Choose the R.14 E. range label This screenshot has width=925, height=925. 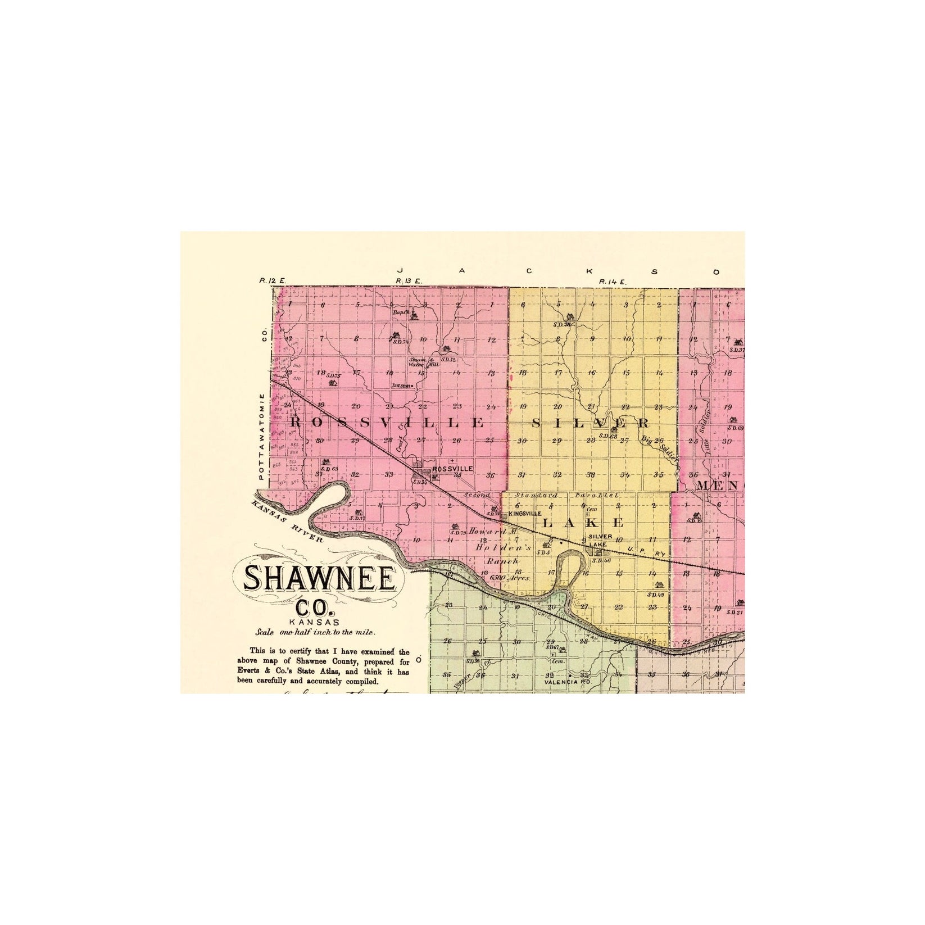click(x=612, y=281)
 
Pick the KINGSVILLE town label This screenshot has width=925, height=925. click(x=524, y=514)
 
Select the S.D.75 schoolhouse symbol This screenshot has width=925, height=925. click(x=332, y=383)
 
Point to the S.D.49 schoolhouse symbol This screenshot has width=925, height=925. click(x=659, y=584)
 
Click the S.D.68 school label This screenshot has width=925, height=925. click(x=609, y=436)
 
